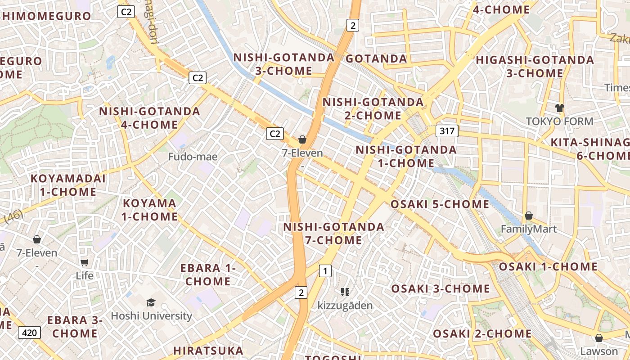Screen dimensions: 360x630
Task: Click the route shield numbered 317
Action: pyautogui.click(x=447, y=131)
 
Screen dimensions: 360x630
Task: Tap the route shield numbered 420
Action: pyautogui.click(x=29, y=333)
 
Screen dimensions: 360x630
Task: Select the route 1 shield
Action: pyautogui.click(x=325, y=271)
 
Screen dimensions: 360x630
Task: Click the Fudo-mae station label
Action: pyautogui.click(x=193, y=157)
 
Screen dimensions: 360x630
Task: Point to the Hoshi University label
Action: pyautogui.click(x=151, y=315)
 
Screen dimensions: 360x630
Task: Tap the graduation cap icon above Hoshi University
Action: pyautogui.click(x=151, y=303)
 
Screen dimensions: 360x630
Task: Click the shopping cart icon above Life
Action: pyautogui.click(x=84, y=262)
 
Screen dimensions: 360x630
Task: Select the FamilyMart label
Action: pyautogui.click(x=529, y=229)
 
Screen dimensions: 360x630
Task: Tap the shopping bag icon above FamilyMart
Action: pyautogui.click(x=529, y=216)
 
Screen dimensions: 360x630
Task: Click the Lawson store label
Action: pyautogui.click(x=598, y=351)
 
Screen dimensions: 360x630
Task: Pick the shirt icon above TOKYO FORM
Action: pyautogui.click(x=559, y=108)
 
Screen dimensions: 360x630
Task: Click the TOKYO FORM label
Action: pyautogui.click(x=559, y=121)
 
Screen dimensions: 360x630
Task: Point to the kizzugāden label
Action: pyautogui.click(x=345, y=306)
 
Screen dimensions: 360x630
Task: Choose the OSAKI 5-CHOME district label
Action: pyautogui.click(x=440, y=204)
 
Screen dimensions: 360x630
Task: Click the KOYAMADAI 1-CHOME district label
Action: pyautogui.click(x=68, y=185)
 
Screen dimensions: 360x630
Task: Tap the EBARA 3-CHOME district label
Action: pyautogui.click(x=75, y=327)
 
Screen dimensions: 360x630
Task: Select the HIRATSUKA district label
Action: pyautogui.click(x=208, y=350)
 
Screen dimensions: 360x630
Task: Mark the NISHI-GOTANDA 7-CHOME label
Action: pyautogui.click(x=333, y=233)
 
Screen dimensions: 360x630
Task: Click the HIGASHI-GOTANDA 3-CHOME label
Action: pyautogui.click(x=535, y=66)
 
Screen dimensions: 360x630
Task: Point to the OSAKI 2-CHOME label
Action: pyautogui.click(x=482, y=333)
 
